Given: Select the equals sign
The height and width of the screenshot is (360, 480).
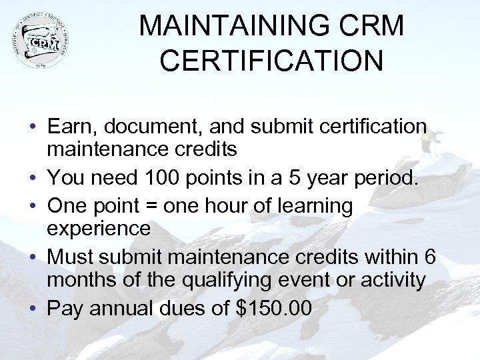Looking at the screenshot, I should coord(169,206).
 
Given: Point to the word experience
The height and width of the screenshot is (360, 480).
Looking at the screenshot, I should coord(99,228).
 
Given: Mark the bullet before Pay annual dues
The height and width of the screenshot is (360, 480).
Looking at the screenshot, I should coord(32,308).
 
